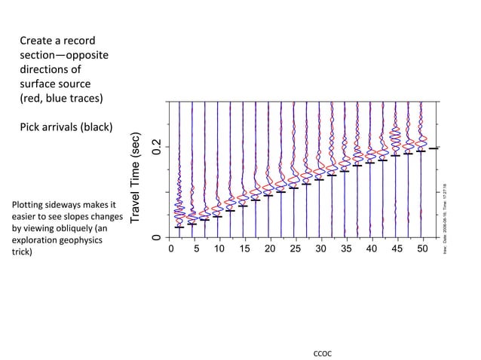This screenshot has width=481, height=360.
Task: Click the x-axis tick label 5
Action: point(195,249)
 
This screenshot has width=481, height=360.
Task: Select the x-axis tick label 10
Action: point(219,249)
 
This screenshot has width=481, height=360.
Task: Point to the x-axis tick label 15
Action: point(245,249)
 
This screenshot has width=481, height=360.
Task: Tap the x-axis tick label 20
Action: point(270,249)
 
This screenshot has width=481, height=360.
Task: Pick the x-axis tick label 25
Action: point(295,249)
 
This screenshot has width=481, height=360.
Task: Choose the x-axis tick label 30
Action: point(320,249)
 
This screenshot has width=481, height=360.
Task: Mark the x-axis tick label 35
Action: point(345,249)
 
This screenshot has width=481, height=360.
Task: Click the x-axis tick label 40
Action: point(370,249)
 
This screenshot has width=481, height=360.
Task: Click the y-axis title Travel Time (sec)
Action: point(136,178)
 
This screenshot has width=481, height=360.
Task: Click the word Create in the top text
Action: point(37,40)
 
